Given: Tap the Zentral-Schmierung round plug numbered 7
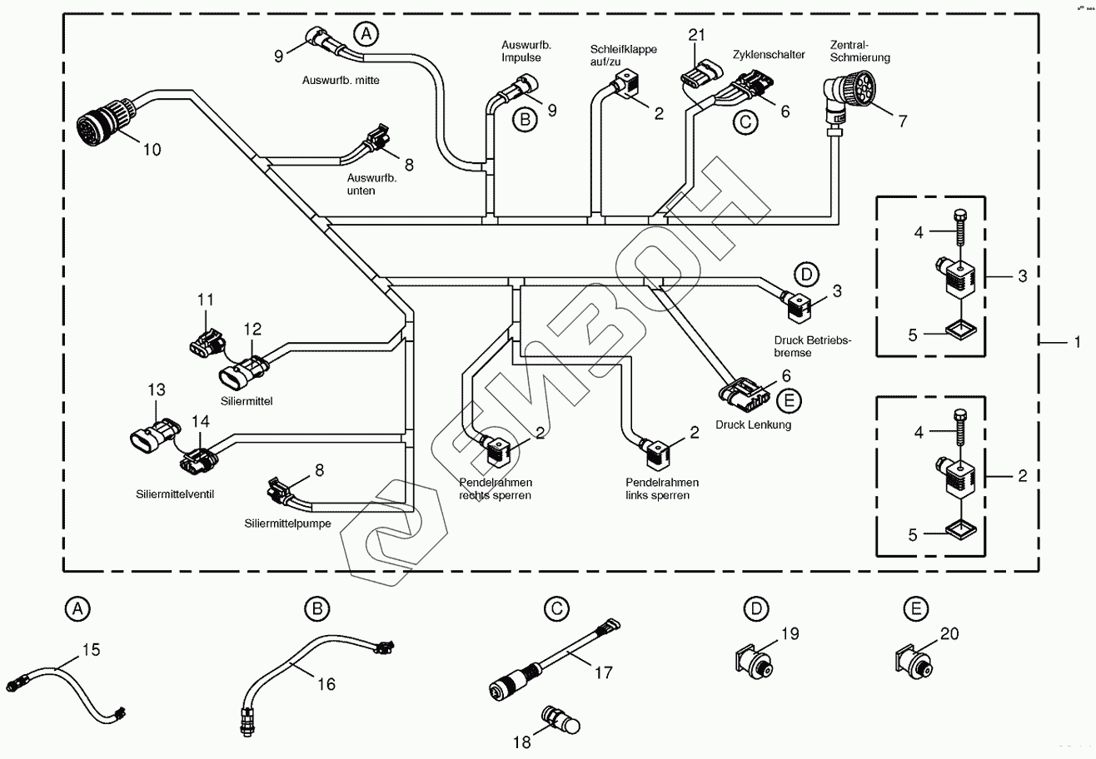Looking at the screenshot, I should (x=850, y=91).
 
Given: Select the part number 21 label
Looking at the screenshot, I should (x=697, y=35).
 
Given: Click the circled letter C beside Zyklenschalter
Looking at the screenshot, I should (x=746, y=122).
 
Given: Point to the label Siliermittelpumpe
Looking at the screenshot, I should (x=288, y=524).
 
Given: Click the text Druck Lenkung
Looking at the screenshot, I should (x=753, y=424).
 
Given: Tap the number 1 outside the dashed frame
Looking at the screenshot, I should (x=1076, y=341).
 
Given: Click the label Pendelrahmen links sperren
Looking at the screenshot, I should (x=662, y=489).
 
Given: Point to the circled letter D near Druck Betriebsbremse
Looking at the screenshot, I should (x=805, y=274).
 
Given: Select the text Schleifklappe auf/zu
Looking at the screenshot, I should (x=624, y=56).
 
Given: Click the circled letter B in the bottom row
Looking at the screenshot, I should (x=316, y=609).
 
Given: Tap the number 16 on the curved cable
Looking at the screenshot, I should (x=325, y=683).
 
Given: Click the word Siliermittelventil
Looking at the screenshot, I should (x=176, y=494).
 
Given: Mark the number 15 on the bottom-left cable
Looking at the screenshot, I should (x=90, y=648).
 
